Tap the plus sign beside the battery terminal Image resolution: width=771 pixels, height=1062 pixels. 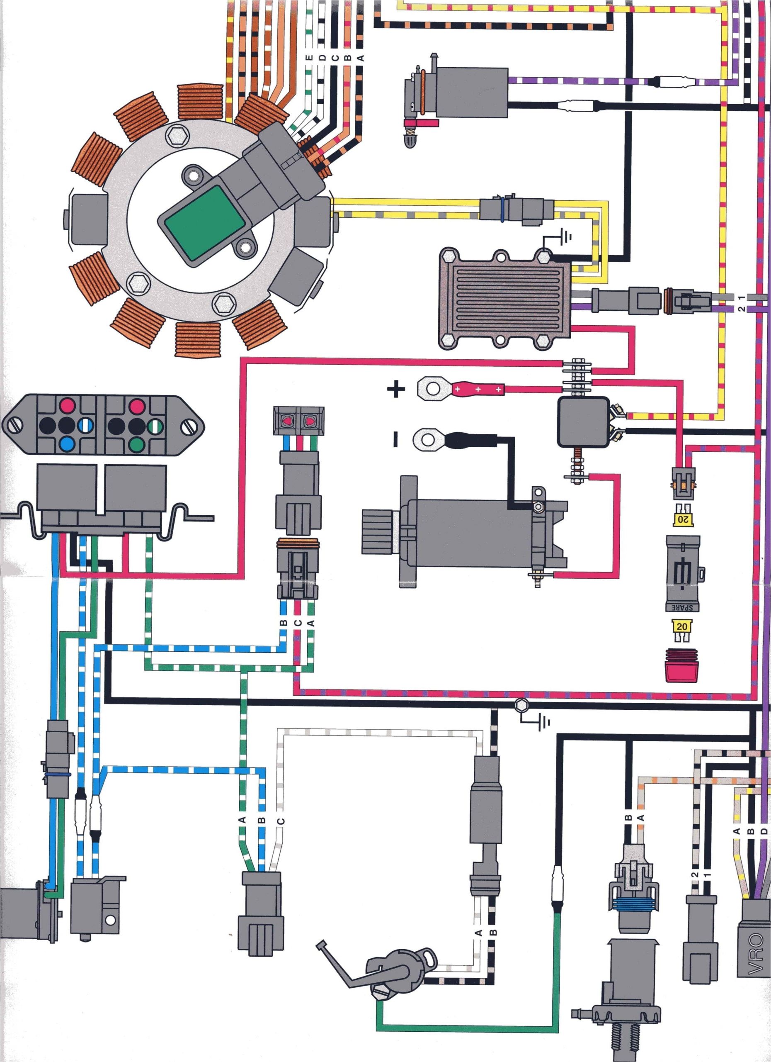(396, 389)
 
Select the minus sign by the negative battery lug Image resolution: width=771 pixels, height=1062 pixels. (395, 439)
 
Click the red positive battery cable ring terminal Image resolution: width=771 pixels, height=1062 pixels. (430, 388)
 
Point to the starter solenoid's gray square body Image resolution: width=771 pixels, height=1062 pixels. (582, 422)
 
